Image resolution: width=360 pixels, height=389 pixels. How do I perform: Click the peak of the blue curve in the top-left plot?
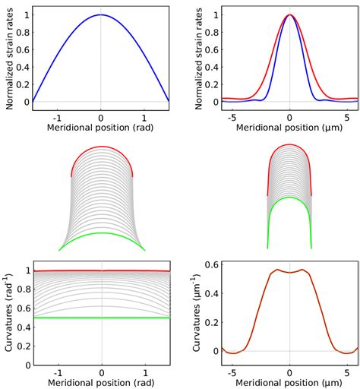point(101,15)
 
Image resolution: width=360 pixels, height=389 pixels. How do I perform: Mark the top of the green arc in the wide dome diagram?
point(102,232)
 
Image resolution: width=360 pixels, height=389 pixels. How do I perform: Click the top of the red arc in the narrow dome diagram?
point(289,144)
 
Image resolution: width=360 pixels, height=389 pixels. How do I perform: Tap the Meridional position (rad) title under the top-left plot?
point(101,127)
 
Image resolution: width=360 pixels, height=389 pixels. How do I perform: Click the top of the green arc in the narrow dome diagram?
point(289,198)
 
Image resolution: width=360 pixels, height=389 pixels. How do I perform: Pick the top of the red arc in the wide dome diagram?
point(102,146)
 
